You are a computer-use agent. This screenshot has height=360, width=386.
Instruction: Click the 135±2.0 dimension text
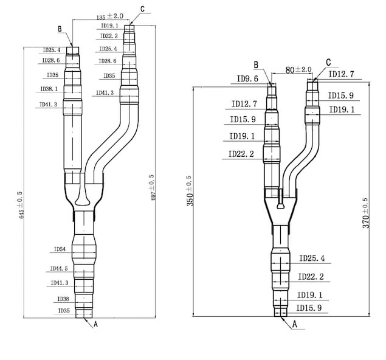pyautogui.click(x=93, y=16)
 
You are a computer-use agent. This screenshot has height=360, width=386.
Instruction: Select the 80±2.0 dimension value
pyautogui.click(x=298, y=70)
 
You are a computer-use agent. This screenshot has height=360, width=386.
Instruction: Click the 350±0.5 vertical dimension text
pyautogui.click(x=190, y=191)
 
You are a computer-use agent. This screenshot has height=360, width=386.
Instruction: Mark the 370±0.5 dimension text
pyautogui.click(x=365, y=212)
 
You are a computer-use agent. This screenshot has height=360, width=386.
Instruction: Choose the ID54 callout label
pyautogui.click(x=60, y=249)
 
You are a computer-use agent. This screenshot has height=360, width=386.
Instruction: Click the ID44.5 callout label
pyautogui.click(x=59, y=268)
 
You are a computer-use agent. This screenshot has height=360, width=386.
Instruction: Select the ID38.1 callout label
pyautogui.click(x=49, y=89)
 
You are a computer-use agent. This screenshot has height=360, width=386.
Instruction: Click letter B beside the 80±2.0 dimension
pyautogui.click(x=257, y=65)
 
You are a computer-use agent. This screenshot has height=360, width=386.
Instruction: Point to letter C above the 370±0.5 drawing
pyautogui.click(x=328, y=63)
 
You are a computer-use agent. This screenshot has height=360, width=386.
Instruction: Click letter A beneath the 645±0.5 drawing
pyautogui.click(x=95, y=325)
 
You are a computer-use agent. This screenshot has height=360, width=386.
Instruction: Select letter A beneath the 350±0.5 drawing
pyautogui.click(x=295, y=325)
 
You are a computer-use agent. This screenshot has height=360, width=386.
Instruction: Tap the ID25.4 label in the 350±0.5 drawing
pyautogui.click(x=311, y=259)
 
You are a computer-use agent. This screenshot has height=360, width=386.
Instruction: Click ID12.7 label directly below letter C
pyautogui.click(x=341, y=75)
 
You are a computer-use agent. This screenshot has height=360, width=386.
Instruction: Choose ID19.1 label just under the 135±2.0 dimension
pyautogui.click(x=109, y=26)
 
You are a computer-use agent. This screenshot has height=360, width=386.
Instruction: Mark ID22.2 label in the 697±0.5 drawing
pyautogui.click(x=109, y=36)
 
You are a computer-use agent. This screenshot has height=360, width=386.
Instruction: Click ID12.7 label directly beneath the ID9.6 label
pyautogui.click(x=244, y=104)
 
